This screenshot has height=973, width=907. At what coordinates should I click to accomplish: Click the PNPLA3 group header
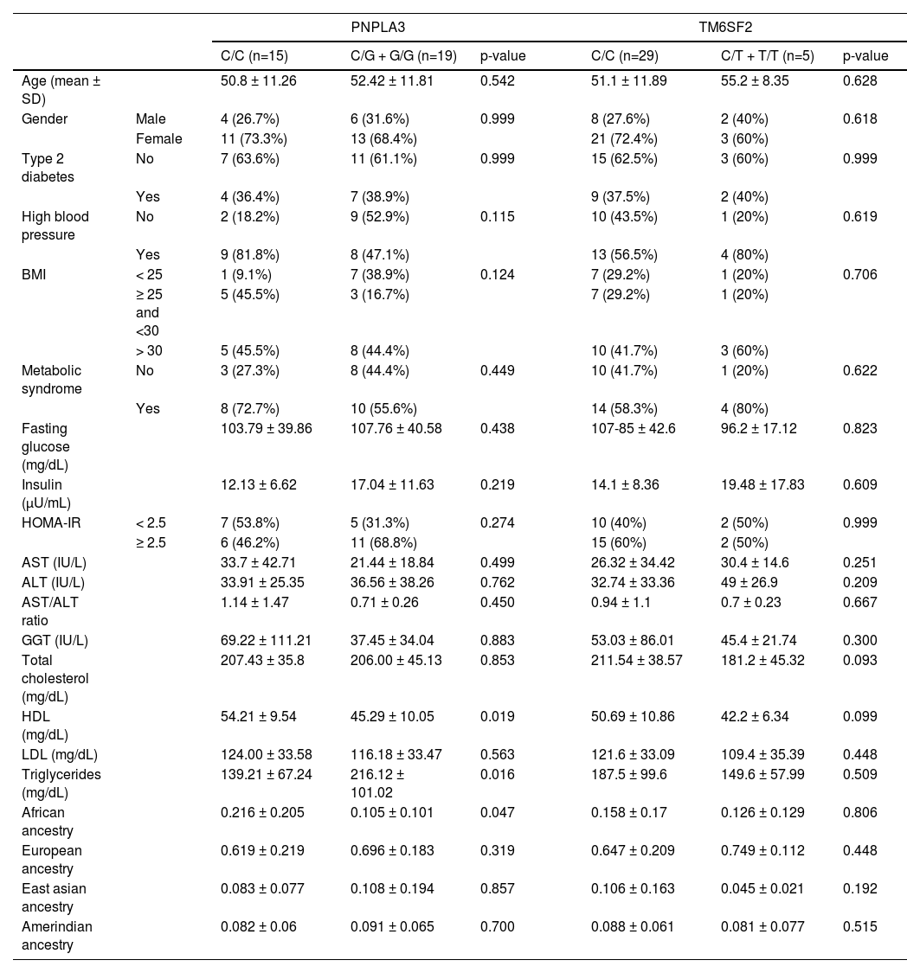point(377,28)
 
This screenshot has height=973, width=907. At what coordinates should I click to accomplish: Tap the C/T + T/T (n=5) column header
point(767,56)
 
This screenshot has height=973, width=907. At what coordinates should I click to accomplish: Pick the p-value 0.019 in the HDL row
point(497,716)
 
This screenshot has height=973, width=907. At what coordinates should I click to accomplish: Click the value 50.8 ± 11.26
point(259,80)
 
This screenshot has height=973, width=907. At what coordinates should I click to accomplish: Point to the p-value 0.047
point(497,812)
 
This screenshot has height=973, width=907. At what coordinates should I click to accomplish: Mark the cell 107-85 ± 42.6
point(634,428)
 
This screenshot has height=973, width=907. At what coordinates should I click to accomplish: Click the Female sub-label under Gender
point(158,138)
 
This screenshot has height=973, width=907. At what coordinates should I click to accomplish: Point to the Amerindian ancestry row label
point(57,935)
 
